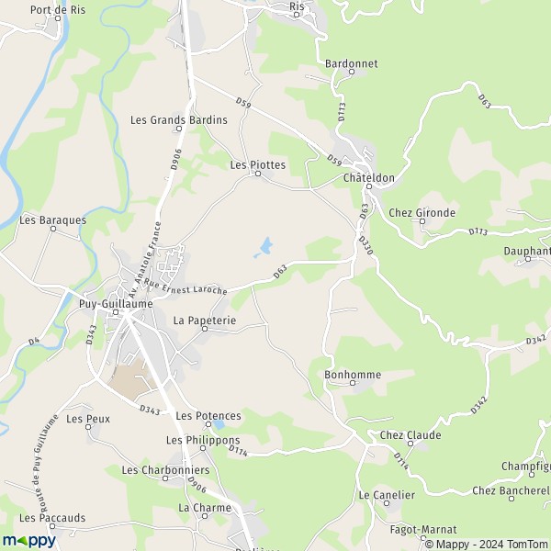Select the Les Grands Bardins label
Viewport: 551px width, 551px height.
tap(178, 119)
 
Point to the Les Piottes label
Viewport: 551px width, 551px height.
tap(257, 165)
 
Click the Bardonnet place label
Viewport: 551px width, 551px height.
tap(351, 64)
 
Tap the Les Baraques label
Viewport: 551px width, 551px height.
tap(52, 220)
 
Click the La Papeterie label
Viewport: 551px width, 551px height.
tap(205, 320)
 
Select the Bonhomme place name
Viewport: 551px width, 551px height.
tap(353, 376)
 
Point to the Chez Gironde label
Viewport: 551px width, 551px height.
tap(422, 213)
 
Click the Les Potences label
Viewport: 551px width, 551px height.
tap(208, 416)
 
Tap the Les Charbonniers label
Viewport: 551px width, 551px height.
tap(165, 470)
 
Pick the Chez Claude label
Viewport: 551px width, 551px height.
tap(410, 435)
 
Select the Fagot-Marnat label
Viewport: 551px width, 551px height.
tap(422, 530)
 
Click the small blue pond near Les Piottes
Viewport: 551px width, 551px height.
tap(264, 246)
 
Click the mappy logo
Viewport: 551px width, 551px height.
tap(29, 541)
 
